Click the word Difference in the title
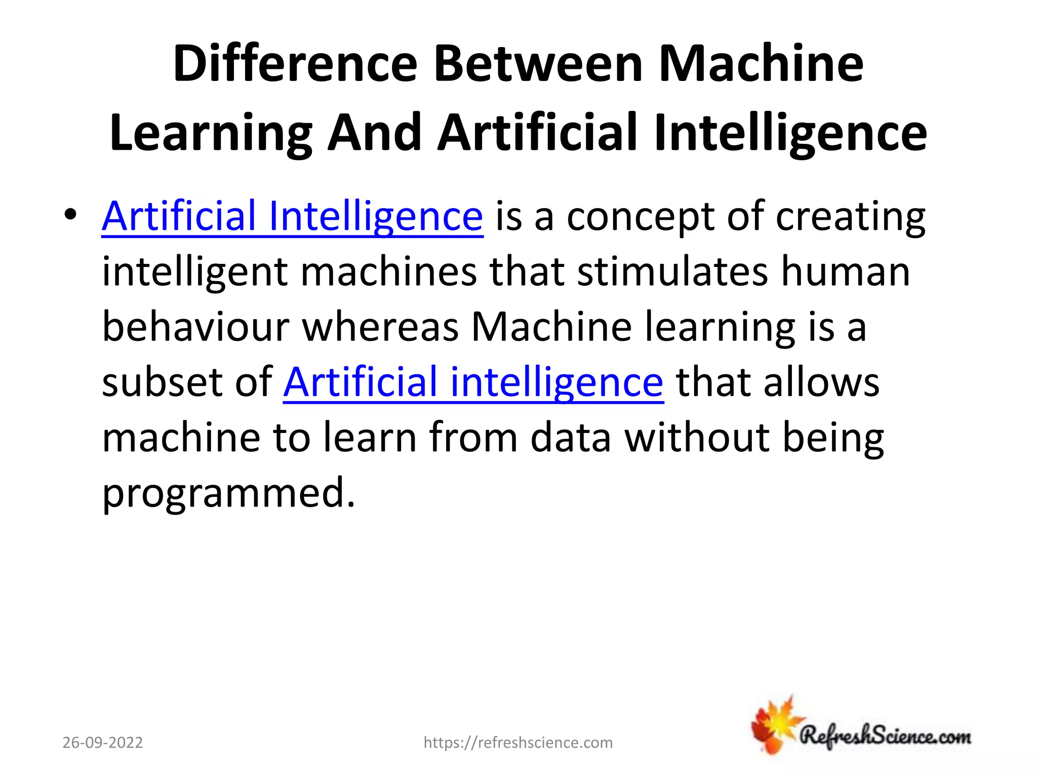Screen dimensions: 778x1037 click(x=295, y=64)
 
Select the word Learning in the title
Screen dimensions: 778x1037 click(x=211, y=133)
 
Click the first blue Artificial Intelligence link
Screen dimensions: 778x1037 click(x=292, y=216)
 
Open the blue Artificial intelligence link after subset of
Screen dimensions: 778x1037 click(x=473, y=382)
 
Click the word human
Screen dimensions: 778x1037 click(x=846, y=271)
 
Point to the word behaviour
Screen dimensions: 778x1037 click(x=195, y=327)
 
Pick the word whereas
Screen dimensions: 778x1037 click(x=380, y=327)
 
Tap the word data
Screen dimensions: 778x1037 click(x=571, y=438)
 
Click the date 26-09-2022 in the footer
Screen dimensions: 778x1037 click(x=103, y=743)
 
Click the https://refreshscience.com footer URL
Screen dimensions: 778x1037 click(x=518, y=743)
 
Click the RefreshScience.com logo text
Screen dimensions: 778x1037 click(x=885, y=736)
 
